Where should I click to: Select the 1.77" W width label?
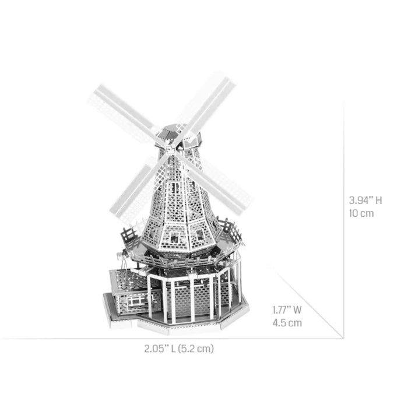(x=288, y=310)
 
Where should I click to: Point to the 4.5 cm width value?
(x=287, y=323)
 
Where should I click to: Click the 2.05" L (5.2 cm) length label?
(x=179, y=349)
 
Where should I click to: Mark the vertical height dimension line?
(x=343, y=221)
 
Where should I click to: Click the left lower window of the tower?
(x=173, y=236)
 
